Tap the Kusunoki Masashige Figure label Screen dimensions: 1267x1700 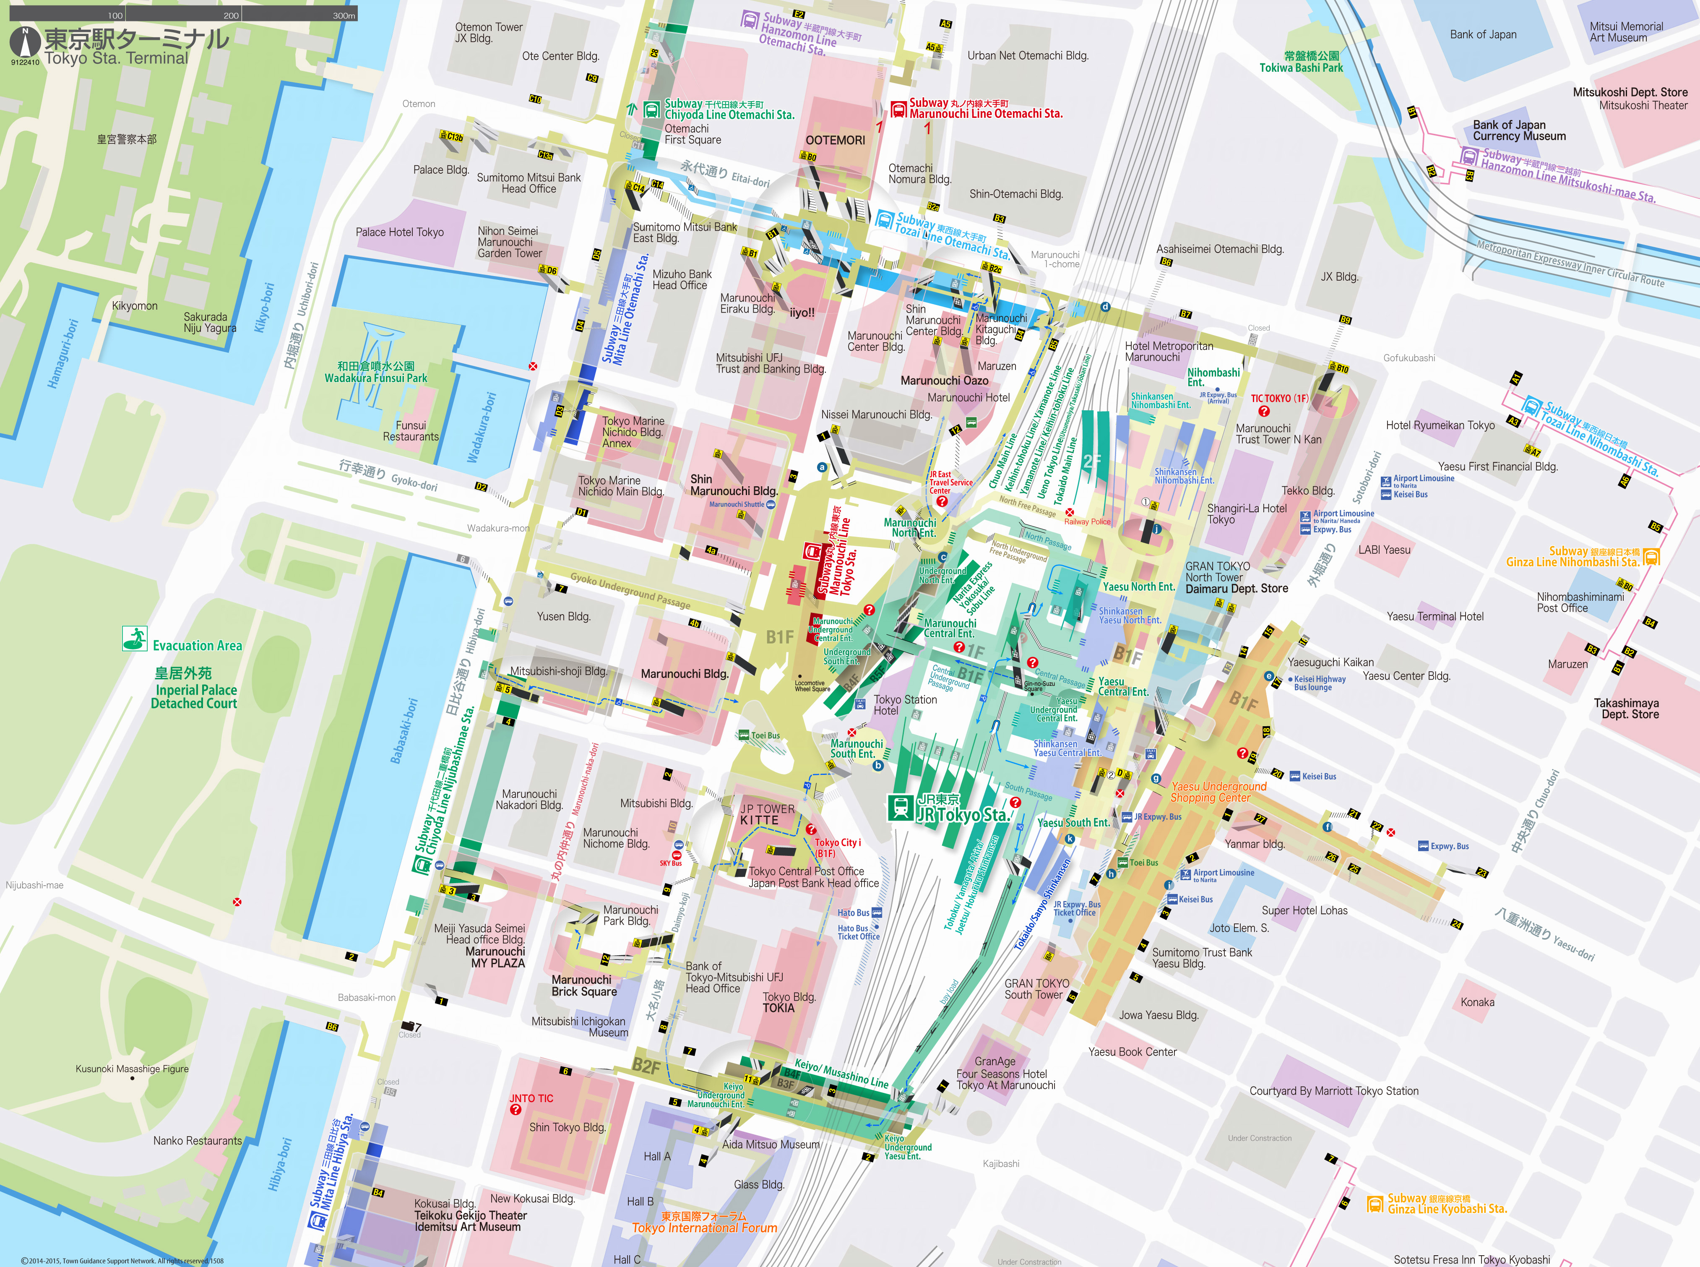pos(131,1069)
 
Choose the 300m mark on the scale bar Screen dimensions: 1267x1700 pos(344,16)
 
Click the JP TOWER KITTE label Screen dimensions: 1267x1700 pos(767,814)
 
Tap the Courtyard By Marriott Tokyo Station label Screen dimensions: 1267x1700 pos(1333,1091)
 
